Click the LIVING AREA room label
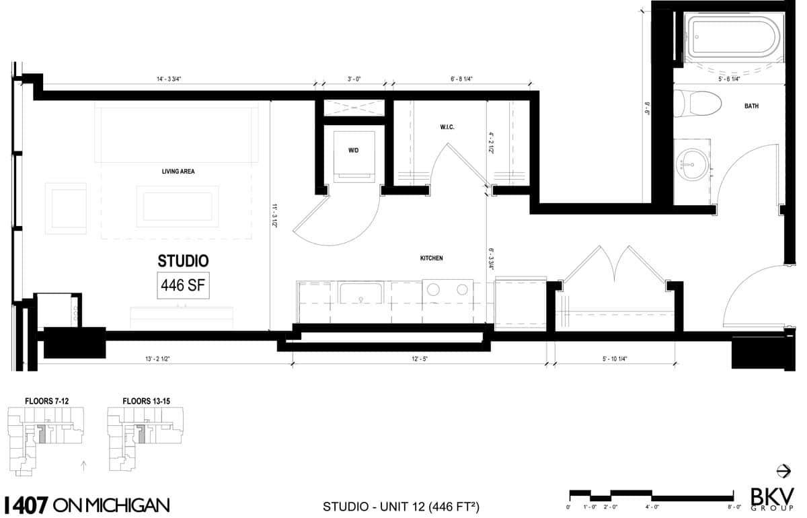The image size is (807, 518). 178,172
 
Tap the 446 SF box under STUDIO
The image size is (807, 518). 183,285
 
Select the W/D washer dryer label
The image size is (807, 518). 354,150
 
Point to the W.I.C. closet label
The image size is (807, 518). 447,127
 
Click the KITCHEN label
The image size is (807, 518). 431,258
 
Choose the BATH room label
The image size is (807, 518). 752,106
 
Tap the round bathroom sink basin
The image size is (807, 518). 693,165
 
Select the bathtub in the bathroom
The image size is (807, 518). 734,39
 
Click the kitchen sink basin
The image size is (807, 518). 360,293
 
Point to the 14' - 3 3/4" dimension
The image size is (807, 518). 169,79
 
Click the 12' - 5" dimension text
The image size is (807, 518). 420,359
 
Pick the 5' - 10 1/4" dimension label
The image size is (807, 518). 615,359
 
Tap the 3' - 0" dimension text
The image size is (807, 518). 354,79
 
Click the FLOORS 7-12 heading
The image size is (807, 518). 47,401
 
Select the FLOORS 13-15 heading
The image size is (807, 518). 147,401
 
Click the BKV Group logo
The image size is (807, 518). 772,500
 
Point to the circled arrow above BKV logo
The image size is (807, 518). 783,471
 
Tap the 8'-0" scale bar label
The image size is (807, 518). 734,507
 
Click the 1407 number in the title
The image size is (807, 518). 26,505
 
